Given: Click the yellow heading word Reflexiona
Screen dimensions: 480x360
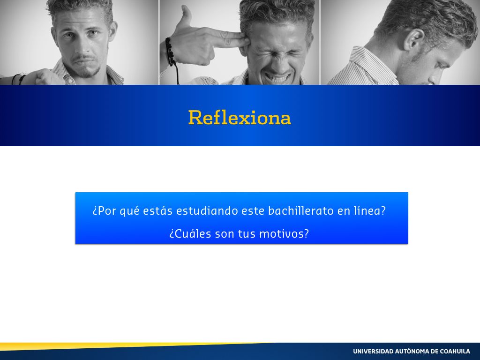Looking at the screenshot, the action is click(x=240, y=118).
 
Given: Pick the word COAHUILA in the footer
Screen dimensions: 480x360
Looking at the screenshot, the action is click(x=455, y=351).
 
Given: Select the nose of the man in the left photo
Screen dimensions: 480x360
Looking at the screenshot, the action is click(x=82, y=46).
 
